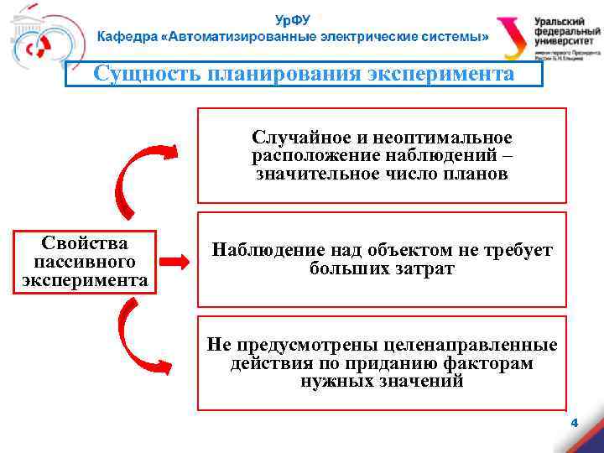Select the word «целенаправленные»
coord(470,345)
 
